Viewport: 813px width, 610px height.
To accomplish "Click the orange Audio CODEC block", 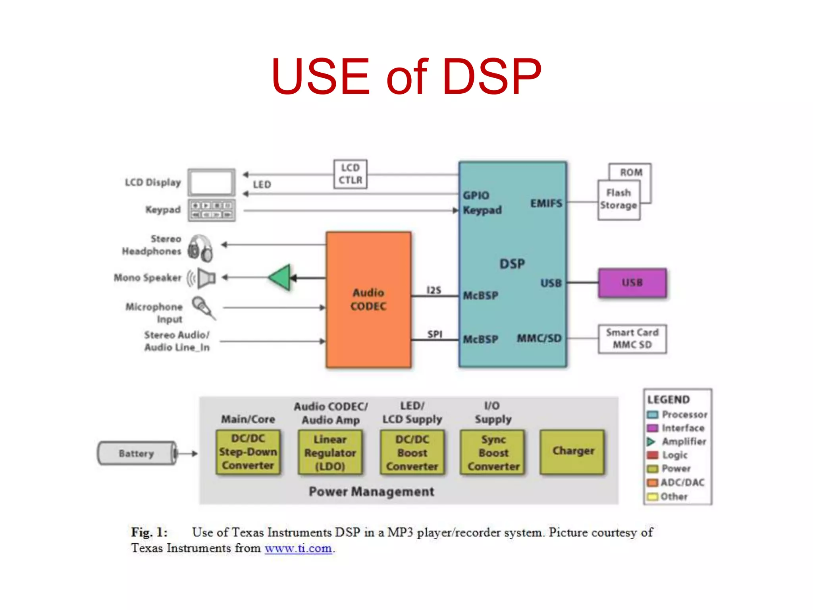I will pyautogui.click(x=368, y=300).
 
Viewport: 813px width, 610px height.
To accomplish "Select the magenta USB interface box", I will pyautogui.click(x=632, y=283).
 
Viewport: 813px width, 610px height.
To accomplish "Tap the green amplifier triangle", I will pyautogui.click(x=281, y=277).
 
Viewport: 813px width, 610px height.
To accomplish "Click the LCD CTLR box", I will pyautogui.click(x=350, y=174).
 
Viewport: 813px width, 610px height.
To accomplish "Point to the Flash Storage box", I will pyautogui.click(x=618, y=200).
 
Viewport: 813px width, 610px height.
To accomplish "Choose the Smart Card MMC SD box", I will pyautogui.click(x=632, y=339).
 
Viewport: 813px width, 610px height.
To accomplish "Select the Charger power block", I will pyautogui.click(x=572, y=452).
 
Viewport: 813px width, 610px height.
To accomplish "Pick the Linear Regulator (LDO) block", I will pyautogui.click(x=330, y=452).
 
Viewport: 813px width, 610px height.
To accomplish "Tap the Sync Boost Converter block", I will pyautogui.click(x=493, y=452).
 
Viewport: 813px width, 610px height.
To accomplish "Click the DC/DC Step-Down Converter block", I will pyautogui.click(x=248, y=452).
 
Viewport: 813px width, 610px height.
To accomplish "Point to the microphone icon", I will pyautogui.click(x=203, y=308).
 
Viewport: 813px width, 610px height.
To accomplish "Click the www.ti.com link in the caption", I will pyautogui.click(x=298, y=548).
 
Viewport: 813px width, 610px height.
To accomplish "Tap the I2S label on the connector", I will pyautogui.click(x=433, y=290).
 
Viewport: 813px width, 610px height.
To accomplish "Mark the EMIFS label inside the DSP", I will pyautogui.click(x=546, y=203).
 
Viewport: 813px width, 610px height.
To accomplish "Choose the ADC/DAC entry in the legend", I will pyautogui.click(x=682, y=483).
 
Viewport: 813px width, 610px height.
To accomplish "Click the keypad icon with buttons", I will pyautogui.click(x=212, y=210).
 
